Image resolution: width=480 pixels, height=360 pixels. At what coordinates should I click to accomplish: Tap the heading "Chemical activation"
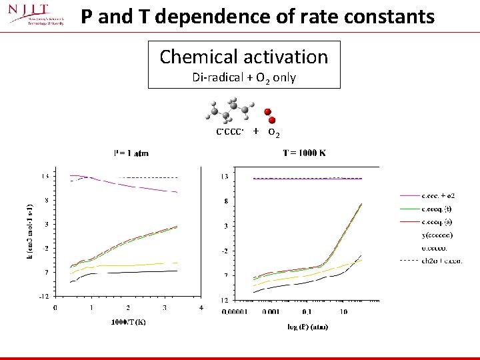243,57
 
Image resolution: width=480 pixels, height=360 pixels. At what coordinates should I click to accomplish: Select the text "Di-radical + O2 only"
243,77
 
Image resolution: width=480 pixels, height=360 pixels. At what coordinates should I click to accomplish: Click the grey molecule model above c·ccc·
230,109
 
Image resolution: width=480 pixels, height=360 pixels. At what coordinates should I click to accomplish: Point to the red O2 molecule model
269,115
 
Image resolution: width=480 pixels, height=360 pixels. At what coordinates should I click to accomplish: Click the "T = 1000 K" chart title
304,153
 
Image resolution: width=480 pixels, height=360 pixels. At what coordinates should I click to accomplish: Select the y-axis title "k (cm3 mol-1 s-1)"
29,233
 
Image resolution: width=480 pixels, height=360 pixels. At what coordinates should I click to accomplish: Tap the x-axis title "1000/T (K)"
129,323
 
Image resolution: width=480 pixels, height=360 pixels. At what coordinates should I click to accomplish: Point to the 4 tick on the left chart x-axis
201,307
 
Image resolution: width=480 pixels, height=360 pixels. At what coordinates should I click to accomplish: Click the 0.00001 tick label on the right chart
235,311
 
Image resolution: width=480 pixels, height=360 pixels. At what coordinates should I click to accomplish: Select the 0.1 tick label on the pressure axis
305,311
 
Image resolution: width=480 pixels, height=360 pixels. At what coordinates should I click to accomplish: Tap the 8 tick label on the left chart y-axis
45,200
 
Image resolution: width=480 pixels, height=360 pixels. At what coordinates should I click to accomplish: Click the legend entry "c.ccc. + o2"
439,196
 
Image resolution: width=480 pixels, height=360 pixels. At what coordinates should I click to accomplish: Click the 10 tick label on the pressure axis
342,311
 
